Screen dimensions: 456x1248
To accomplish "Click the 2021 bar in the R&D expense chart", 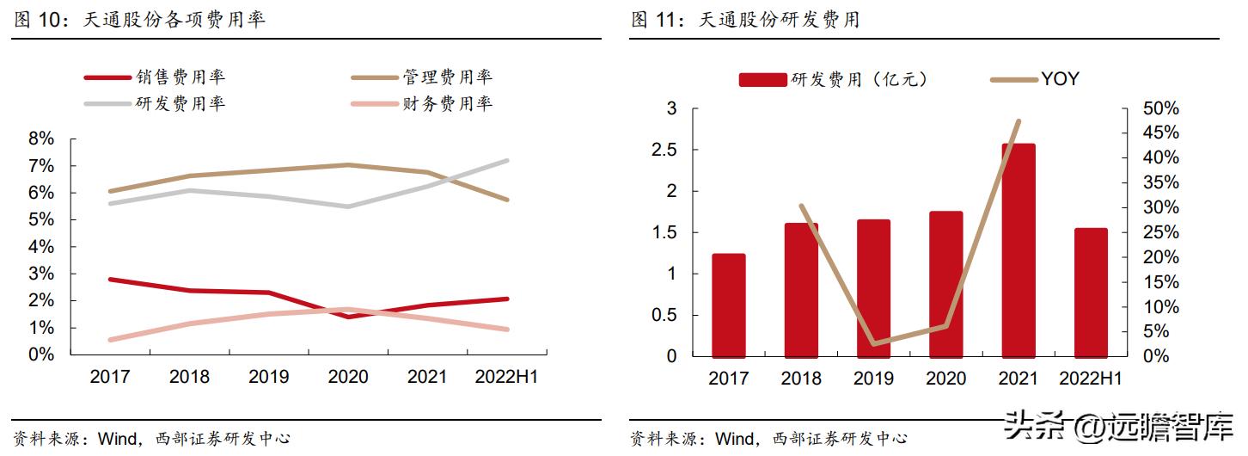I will tap(1019, 250).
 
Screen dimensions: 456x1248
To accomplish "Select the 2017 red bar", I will tap(728, 305).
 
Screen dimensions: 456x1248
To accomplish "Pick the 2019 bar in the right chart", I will tap(873, 287).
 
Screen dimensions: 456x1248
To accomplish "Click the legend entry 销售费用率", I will tap(180, 77).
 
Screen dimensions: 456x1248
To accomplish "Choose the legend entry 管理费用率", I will tap(447, 77).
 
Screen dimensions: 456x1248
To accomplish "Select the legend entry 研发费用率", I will tap(180, 104).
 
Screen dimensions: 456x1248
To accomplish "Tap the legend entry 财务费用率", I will tap(447, 104).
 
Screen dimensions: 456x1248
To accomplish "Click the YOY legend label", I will tap(1060, 79).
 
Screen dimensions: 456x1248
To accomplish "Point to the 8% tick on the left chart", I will tap(41, 139).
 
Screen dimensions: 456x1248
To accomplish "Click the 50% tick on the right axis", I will tap(1159, 108).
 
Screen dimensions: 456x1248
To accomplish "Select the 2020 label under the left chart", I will tap(347, 377).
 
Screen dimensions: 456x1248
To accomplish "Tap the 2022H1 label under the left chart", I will tap(506, 377).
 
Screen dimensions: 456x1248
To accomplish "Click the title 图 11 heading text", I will tap(744, 20).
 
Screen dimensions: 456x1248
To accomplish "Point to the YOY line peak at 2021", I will tap(1019, 121).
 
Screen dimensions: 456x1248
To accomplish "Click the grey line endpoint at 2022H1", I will tap(507, 160).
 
